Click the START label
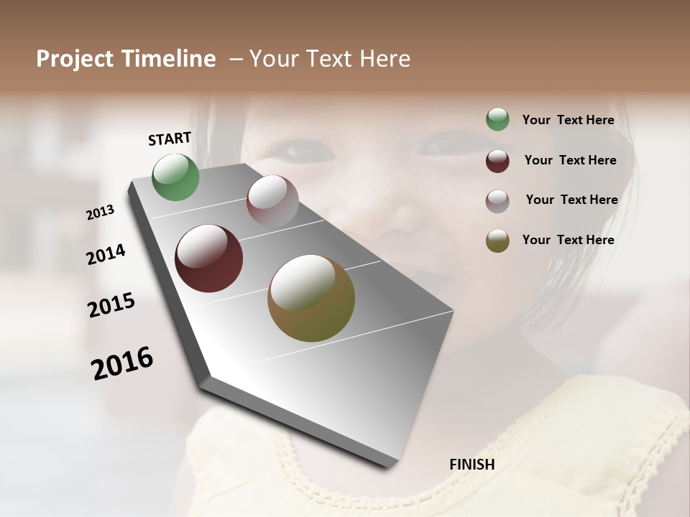170,138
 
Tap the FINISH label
471,465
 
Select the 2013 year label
101,213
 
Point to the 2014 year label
106,254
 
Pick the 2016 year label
122,363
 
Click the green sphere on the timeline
175,177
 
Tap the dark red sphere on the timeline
208,258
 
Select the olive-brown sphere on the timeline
311,298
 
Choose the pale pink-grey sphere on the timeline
272,201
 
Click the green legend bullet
497,120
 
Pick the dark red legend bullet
497,161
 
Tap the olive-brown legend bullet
497,241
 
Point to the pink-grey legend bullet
497,201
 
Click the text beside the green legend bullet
568,120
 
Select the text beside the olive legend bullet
568,240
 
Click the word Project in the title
75,59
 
